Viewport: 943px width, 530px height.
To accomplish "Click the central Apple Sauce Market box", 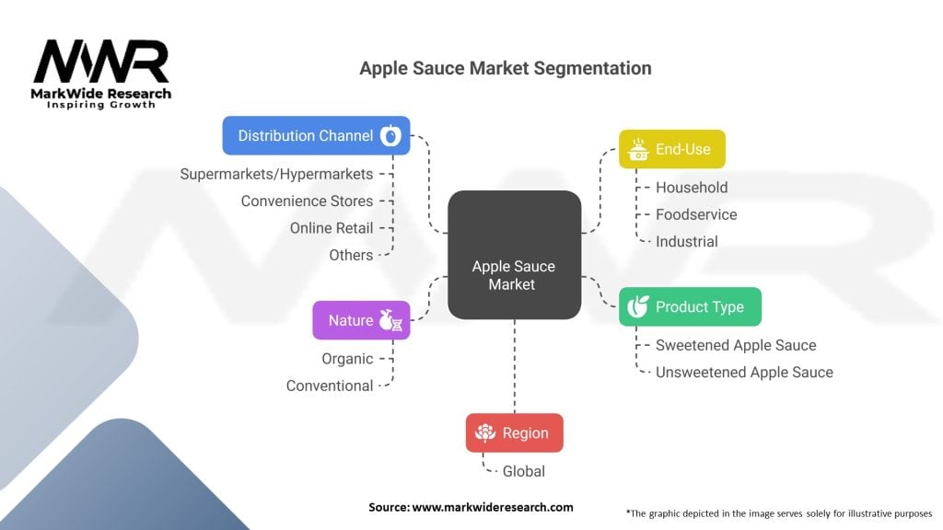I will pyautogui.click(x=514, y=255).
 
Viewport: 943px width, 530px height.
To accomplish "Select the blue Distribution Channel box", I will pyautogui.click(x=316, y=135).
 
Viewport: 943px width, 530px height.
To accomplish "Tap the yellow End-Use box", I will pyautogui.click(x=671, y=149).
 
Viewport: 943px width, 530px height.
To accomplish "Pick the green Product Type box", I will pyautogui.click(x=690, y=307).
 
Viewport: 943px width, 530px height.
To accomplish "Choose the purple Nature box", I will pyautogui.click(x=361, y=320).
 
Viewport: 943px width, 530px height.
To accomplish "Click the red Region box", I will pyautogui.click(x=514, y=432).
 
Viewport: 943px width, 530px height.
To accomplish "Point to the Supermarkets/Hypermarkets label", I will pyautogui.click(x=276, y=174).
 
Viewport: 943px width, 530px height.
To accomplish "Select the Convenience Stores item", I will pyautogui.click(x=307, y=201).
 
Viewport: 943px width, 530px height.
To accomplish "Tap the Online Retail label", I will pyautogui.click(x=332, y=228).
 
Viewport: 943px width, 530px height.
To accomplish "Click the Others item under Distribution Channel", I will pyautogui.click(x=351, y=255).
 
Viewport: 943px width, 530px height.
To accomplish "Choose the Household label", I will pyautogui.click(x=692, y=188).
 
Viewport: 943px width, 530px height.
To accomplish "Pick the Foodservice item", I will pyautogui.click(x=696, y=214).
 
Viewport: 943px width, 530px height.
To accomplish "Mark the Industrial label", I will pyautogui.click(x=686, y=241).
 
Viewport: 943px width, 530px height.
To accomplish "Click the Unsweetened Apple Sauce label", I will pyautogui.click(x=744, y=373).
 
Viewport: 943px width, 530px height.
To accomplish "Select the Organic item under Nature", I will pyautogui.click(x=347, y=359).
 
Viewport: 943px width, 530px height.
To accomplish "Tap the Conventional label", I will pyautogui.click(x=330, y=386).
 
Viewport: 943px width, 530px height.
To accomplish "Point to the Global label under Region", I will pyautogui.click(x=523, y=471).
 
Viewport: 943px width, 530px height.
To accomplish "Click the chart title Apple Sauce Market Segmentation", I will pyautogui.click(x=506, y=68).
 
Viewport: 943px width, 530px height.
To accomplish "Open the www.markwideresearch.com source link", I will pyautogui.click(x=492, y=507).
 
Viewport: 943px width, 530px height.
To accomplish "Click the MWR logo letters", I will pyautogui.click(x=101, y=63).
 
